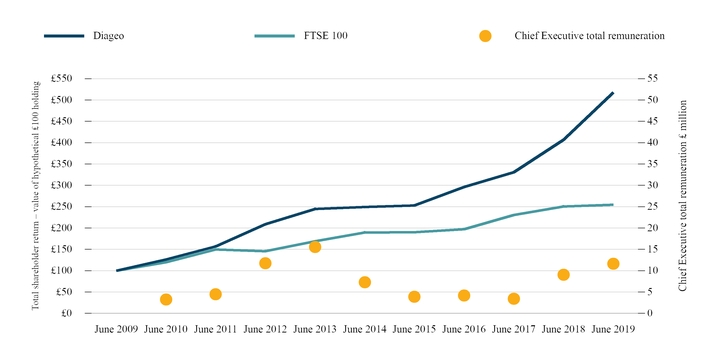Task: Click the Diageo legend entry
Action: pos(112,36)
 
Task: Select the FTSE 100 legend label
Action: pos(327,36)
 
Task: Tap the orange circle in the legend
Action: pos(485,36)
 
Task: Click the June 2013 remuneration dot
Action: pos(315,247)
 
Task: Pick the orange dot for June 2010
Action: pos(166,299)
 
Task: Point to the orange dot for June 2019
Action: pos(613,264)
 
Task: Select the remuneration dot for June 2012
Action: pos(265,263)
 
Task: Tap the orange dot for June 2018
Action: pos(564,275)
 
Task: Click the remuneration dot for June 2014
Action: pos(365,282)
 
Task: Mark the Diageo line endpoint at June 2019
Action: pos(613,93)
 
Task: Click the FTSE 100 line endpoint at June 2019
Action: pos(613,205)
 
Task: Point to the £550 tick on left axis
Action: pos(61,79)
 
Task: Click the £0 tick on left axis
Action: pos(67,313)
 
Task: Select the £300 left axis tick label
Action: pos(61,185)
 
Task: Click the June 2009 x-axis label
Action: pos(117,329)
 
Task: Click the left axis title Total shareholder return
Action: pos(36,196)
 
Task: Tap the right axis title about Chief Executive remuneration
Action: pos(682,196)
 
